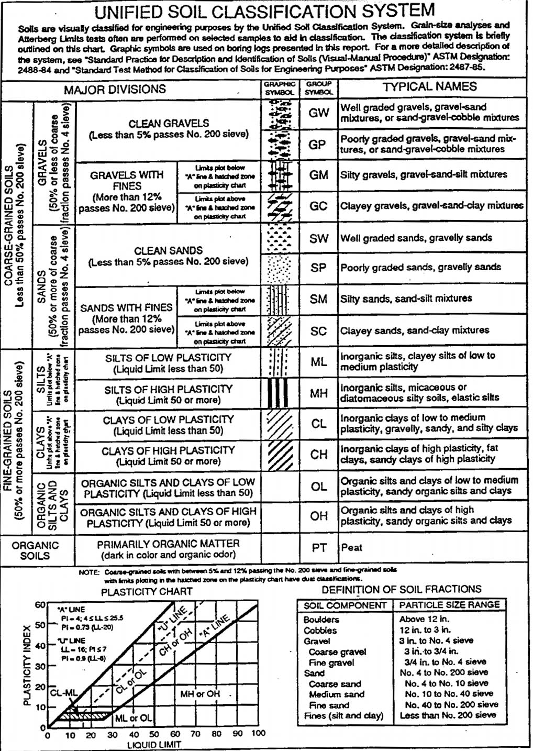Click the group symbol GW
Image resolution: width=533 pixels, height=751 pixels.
319,113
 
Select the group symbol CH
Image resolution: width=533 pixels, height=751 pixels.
319,455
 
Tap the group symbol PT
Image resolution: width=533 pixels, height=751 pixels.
319,548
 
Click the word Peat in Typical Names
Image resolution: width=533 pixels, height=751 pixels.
352,548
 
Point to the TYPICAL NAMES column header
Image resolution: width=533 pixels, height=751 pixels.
429,87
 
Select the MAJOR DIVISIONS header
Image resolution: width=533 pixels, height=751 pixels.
115,90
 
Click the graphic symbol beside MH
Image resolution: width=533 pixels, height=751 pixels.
279,393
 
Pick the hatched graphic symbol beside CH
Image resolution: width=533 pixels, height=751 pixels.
279,454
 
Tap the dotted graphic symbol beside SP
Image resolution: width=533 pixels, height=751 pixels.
279,268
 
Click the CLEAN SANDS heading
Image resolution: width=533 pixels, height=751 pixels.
168,251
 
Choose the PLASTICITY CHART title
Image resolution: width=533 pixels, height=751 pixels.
147,592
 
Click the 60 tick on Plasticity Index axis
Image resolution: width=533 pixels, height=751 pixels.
40,604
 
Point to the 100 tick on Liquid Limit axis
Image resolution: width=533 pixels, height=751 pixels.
258,734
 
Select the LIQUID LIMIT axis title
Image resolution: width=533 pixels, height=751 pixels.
154,745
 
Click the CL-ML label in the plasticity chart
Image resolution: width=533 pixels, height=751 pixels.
63,693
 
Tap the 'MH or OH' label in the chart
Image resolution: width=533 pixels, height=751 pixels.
200,694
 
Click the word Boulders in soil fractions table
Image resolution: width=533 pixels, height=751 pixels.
321,620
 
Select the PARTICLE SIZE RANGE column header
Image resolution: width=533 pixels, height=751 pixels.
449,605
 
